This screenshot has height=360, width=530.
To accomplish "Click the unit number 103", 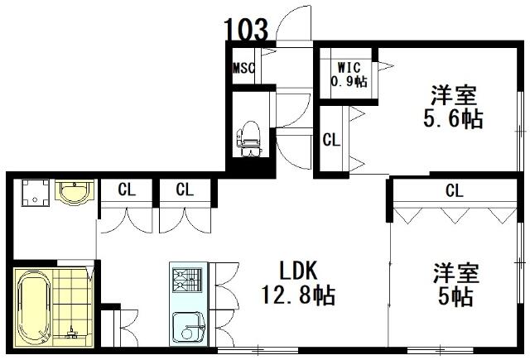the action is [246, 29].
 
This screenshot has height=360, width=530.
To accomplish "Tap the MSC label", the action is [243, 68].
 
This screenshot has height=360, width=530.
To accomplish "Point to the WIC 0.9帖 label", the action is [349, 74].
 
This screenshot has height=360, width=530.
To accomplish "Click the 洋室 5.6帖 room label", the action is [453, 107].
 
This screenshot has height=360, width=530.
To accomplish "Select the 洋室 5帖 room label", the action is [456, 285].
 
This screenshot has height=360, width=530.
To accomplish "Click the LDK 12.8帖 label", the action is [299, 283].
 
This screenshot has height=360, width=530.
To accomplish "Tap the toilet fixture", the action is [250, 138].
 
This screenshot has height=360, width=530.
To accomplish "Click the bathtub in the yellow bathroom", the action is [34, 307].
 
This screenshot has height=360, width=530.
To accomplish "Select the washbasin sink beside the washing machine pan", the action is [75, 193].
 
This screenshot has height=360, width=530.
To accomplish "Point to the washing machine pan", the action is [35, 193].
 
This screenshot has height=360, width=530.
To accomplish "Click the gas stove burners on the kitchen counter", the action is [187, 280].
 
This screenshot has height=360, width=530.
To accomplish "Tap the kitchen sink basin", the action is [189, 327].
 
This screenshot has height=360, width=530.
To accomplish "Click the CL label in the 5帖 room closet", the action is [455, 191].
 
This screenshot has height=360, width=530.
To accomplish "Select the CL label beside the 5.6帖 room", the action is [331, 140].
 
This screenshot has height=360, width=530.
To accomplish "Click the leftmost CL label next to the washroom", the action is [127, 190].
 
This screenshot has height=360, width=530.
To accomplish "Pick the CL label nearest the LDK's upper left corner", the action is [185, 190].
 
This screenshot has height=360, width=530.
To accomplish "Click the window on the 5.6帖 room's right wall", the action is [522, 131].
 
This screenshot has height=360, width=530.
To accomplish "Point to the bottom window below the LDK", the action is [258, 350].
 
